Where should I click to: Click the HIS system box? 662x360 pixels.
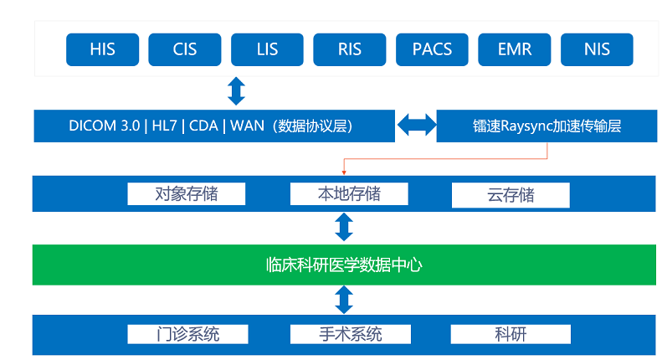pyautogui.click(x=102, y=49)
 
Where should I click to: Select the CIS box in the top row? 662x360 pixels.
pyautogui.click(x=184, y=49)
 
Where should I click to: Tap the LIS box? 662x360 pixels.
pyautogui.click(x=267, y=49)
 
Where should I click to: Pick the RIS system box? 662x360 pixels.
pyautogui.click(x=349, y=49)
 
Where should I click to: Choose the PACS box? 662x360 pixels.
pyautogui.click(x=432, y=49)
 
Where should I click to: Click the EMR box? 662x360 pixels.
pyautogui.click(x=514, y=49)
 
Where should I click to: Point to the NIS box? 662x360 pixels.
pyautogui.click(x=597, y=49)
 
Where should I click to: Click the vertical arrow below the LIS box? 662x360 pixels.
pyautogui.click(x=237, y=90)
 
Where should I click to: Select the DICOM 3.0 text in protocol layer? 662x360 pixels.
pyautogui.click(x=105, y=126)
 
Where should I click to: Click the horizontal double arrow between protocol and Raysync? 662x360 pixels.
pyautogui.click(x=416, y=126)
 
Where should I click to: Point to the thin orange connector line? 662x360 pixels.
pyautogui.click(x=444, y=159)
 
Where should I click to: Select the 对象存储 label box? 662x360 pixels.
pyautogui.click(x=186, y=194)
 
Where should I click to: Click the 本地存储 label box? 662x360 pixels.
pyautogui.click(x=349, y=194)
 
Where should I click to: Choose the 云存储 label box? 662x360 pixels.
pyautogui.click(x=511, y=196)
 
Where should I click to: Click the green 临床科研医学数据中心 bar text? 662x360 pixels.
pyautogui.click(x=344, y=265)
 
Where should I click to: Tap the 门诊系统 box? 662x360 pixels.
pyautogui.click(x=186, y=334)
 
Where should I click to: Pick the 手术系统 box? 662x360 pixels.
pyautogui.click(x=349, y=334)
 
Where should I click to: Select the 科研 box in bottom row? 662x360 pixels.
pyautogui.click(x=511, y=334)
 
